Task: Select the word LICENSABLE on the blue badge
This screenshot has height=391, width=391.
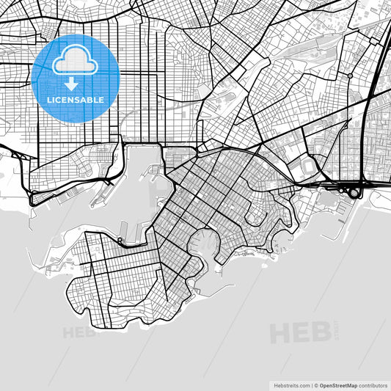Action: point(76,99)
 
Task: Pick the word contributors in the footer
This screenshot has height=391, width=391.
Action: point(373,384)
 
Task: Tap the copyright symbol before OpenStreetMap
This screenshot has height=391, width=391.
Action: point(315,384)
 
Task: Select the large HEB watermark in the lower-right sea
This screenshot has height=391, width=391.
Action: point(301,332)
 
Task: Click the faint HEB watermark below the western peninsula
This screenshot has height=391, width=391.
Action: point(79,332)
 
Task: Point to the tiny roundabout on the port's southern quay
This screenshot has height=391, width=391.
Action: point(120,240)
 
